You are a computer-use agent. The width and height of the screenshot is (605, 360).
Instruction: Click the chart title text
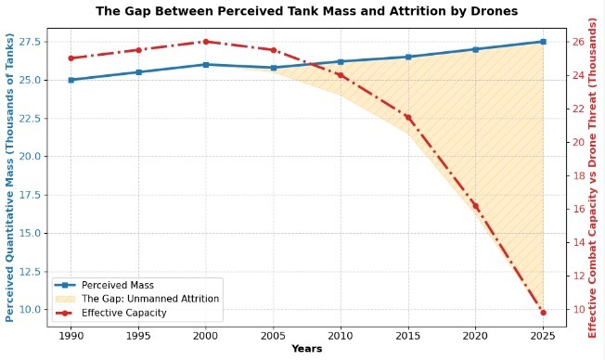click(307, 11)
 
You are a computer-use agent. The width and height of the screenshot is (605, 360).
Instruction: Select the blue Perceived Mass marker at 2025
click(543, 42)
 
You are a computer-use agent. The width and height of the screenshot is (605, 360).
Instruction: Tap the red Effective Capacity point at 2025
click(543, 313)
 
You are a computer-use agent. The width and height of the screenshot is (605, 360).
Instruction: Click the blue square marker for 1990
click(71, 80)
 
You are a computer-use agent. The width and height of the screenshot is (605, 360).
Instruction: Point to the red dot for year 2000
click(206, 42)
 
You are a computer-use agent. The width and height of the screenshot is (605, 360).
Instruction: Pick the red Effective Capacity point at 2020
click(475, 206)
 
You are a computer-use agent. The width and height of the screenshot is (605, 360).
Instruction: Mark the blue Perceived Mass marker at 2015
click(408, 57)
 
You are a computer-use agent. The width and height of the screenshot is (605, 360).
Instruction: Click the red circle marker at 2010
click(341, 75)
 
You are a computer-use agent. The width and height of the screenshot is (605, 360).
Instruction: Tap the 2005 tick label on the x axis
click(273, 336)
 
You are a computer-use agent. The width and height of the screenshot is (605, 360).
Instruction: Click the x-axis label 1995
click(138, 336)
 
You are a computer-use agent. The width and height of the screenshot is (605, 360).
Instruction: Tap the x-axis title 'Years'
click(307, 349)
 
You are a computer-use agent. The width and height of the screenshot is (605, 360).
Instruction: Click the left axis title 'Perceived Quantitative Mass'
click(9, 177)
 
